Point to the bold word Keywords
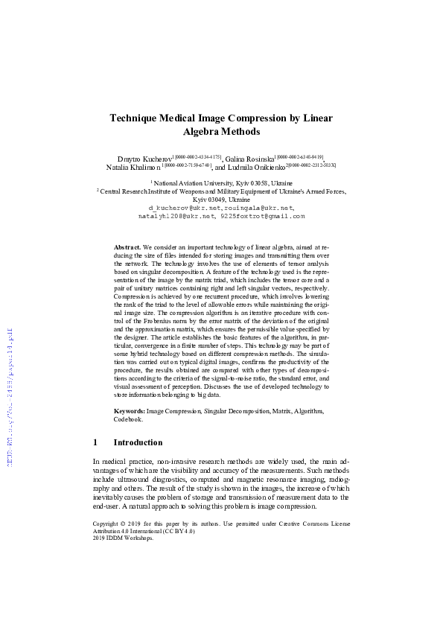(129, 411)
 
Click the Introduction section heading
(138, 442)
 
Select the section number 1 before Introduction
(95, 442)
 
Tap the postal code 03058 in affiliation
(258, 182)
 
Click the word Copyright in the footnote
(108, 524)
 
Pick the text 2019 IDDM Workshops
(124, 538)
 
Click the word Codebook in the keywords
(127, 419)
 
